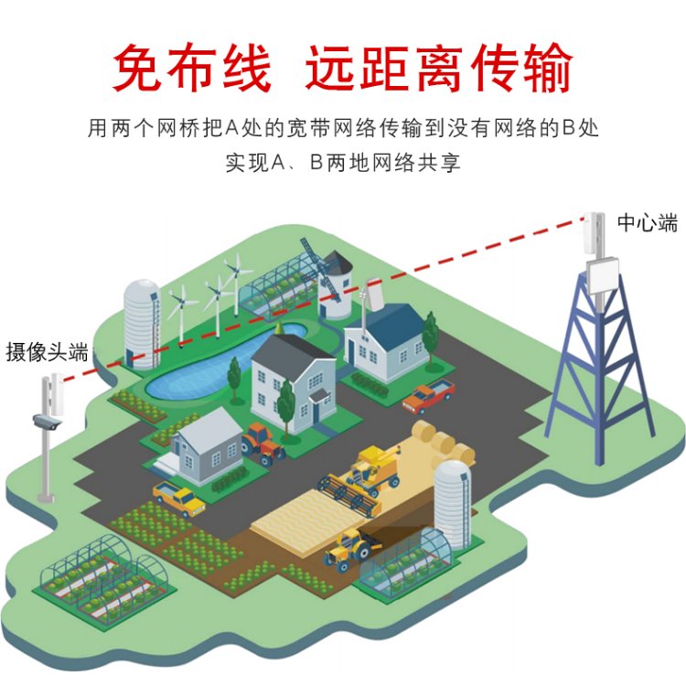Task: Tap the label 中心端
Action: tap(647, 222)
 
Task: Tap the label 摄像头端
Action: tap(47, 352)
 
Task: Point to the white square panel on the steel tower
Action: tap(604, 275)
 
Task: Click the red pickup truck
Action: tap(428, 397)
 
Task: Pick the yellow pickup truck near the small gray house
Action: tap(178, 498)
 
